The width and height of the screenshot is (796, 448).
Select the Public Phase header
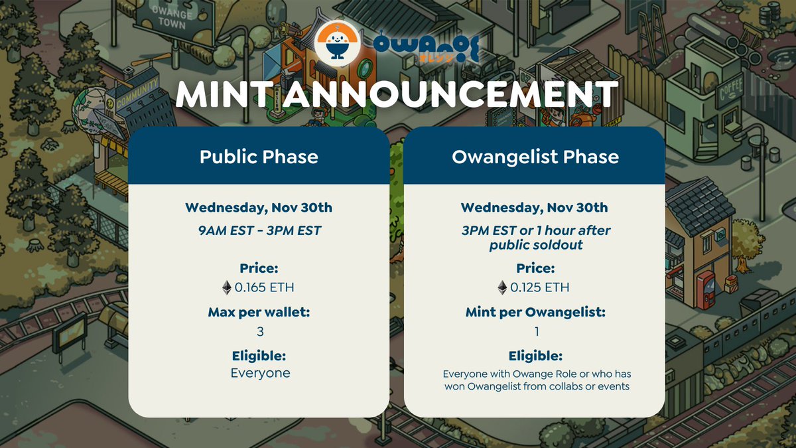(259, 157)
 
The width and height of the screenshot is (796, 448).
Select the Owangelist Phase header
(535, 157)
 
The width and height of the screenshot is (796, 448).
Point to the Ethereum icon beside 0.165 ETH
(227, 287)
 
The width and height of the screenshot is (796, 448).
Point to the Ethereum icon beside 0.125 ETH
(503, 287)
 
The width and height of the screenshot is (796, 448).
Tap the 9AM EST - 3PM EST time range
(259, 230)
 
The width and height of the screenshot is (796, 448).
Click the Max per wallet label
(259, 311)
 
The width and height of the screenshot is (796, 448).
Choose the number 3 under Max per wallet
(259, 331)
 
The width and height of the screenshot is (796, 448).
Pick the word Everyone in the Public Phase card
(260, 373)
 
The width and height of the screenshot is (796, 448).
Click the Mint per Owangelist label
(535, 311)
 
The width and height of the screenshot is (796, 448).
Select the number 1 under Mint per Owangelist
(536, 331)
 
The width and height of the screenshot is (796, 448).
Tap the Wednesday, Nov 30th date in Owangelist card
(535, 208)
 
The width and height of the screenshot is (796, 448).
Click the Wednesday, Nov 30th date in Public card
(259, 208)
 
